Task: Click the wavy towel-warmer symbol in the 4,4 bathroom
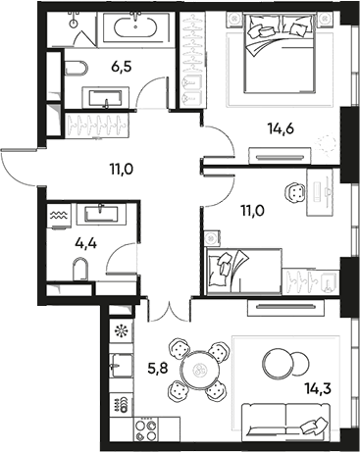click(56, 211)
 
